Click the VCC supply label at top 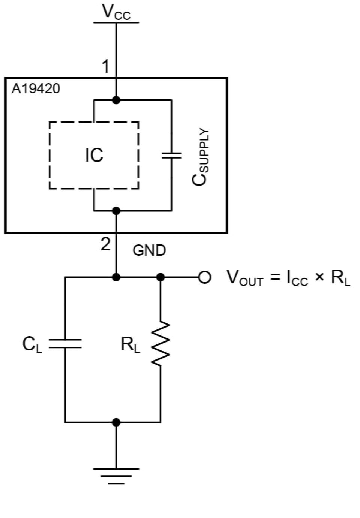[116, 12]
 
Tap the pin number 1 [105, 67]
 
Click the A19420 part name [36, 89]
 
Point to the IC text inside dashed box [94, 155]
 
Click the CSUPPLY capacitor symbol [171, 155]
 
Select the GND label [149, 250]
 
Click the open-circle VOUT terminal [204, 277]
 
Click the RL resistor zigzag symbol [160, 343]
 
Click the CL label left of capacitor [32, 344]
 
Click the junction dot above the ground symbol [116, 422]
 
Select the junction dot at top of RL [160, 277]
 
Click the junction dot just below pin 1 [116, 100]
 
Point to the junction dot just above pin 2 [116, 211]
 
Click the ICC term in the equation [297, 278]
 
